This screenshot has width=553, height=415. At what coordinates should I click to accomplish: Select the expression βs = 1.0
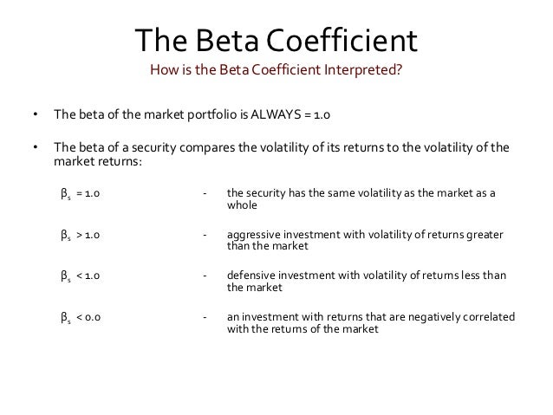80,194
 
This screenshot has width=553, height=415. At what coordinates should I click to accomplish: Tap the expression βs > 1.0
80,235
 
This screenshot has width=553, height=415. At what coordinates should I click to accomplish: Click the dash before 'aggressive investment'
204,235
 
